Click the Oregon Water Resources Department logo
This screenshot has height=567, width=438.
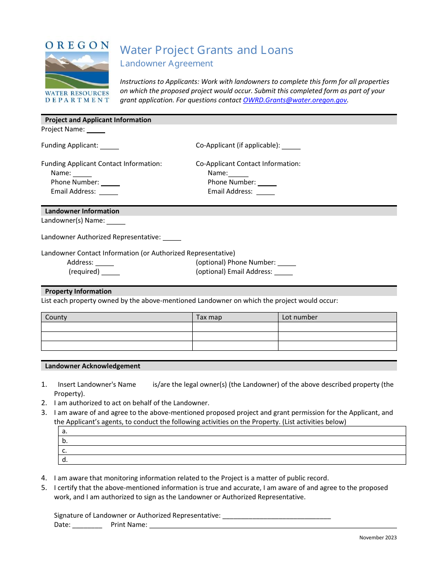click(x=77, y=71)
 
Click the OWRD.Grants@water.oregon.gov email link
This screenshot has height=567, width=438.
click(x=295, y=100)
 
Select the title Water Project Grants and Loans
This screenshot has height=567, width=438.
click(x=207, y=50)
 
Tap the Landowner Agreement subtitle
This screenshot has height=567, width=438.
click(x=166, y=64)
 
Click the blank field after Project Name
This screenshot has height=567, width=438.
click(x=96, y=130)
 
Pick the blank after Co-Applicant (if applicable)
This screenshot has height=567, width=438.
click(x=291, y=146)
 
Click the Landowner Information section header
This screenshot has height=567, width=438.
click(x=82, y=211)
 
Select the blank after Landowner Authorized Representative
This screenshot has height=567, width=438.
click(x=172, y=238)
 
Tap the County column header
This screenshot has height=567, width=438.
click(x=56, y=317)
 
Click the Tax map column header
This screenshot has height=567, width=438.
click(x=209, y=317)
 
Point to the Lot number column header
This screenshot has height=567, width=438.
click(x=300, y=317)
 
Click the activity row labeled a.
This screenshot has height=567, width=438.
click(x=232, y=431)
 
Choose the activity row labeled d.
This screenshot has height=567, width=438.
click(x=232, y=460)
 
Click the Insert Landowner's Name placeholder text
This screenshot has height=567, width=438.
click(x=97, y=384)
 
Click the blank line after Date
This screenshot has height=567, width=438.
click(x=87, y=525)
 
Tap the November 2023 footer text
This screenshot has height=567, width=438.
click(x=378, y=537)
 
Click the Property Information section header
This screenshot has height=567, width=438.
click(x=78, y=291)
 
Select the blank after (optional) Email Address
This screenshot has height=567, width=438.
click(x=284, y=272)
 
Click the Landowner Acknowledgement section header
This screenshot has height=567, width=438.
click(x=93, y=366)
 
